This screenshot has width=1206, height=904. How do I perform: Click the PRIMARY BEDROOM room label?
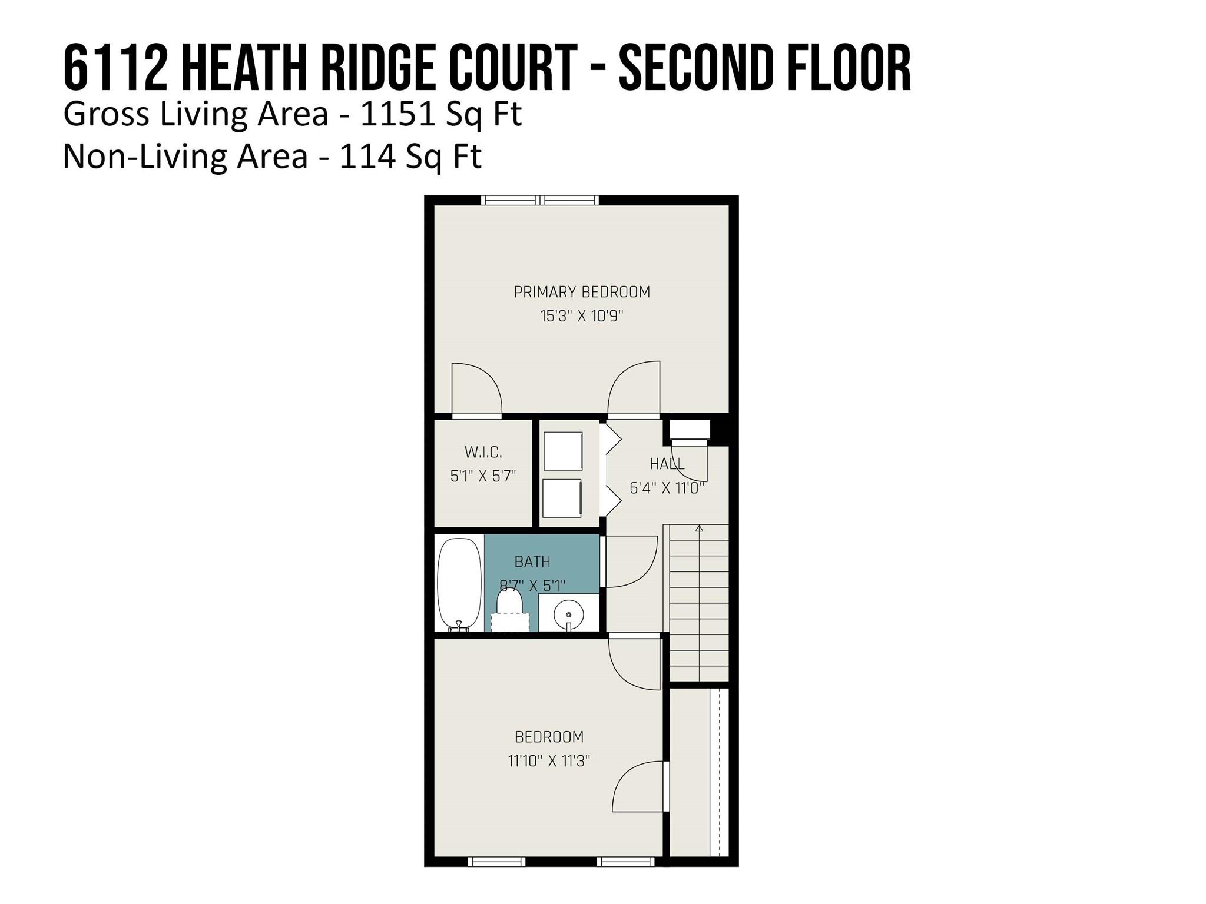click(x=582, y=292)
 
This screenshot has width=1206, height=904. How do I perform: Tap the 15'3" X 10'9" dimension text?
click(x=582, y=316)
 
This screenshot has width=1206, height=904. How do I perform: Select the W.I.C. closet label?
click(x=483, y=453)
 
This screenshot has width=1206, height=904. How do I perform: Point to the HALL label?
click(x=667, y=464)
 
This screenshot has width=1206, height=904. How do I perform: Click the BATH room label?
click(x=532, y=562)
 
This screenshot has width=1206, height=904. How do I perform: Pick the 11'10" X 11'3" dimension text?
click(x=549, y=761)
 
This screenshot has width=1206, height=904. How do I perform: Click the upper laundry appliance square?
click(x=563, y=451)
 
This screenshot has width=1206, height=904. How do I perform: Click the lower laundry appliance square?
click(x=562, y=498)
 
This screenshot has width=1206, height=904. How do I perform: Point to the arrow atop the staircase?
click(x=700, y=528)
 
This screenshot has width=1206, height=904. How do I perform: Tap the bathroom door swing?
click(x=631, y=562)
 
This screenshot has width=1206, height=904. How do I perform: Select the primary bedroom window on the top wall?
click(x=540, y=200)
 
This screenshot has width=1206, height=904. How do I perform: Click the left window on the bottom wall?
click(x=496, y=862)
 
